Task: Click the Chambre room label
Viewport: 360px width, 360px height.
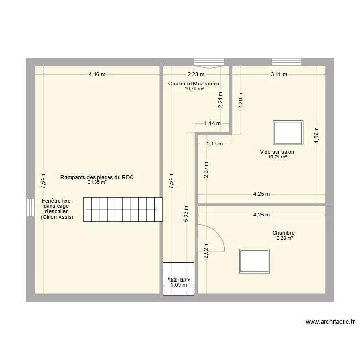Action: pyautogui.click(x=284, y=233)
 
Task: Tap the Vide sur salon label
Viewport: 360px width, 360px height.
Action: pyautogui.click(x=277, y=152)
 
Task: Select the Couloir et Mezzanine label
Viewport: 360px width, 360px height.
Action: pyautogui.click(x=194, y=84)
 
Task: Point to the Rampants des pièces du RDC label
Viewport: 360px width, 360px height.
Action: pyautogui.click(x=96, y=177)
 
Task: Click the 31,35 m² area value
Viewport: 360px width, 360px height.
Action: pyautogui.click(x=97, y=182)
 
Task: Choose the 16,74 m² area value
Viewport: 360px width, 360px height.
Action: pyautogui.click(x=277, y=157)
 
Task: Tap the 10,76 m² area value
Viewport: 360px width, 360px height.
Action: pyautogui.click(x=194, y=88)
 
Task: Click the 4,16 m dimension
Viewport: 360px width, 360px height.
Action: pyautogui.click(x=97, y=74)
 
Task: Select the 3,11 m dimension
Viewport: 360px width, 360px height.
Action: pyautogui.click(x=278, y=74)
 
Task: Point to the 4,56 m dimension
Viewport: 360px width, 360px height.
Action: pyautogui.click(x=316, y=135)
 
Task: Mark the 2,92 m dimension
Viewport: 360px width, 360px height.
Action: pyautogui.click(x=206, y=250)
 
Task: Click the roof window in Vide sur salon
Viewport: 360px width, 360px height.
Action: pyautogui.click(x=288, y=132)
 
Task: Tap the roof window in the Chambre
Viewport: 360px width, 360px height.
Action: pyautogui.click(x=254, y=261)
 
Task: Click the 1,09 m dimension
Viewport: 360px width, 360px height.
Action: pyautogui.click(x=179, y=285)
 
